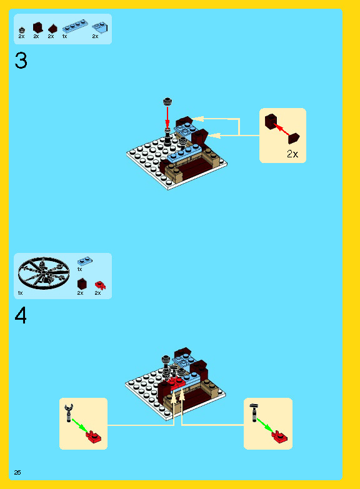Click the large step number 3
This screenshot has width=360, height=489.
[x=21, y=61]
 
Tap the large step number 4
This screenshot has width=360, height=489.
[x=21, y=315]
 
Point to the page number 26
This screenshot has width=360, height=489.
[x=17, y=473]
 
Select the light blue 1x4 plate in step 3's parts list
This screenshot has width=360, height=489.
[x=75, y=26]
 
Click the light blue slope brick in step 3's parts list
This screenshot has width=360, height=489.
[x=100, y=27]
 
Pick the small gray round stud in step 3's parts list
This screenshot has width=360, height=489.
[x=21, y=30]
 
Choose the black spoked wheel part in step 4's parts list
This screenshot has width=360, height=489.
[x=43, y=273]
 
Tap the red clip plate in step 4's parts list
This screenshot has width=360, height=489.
[x=100, y=285]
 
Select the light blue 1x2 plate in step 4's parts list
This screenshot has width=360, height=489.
[x=84, y=261]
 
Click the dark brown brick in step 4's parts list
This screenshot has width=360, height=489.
[x=82, y=284]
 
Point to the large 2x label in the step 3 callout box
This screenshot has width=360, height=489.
[x=292, y=154]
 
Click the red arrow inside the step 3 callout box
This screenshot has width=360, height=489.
[x=282, y=129]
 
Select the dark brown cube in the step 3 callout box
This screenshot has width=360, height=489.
[x=271, y=121]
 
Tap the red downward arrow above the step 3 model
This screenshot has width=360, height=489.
[x=167, y=117]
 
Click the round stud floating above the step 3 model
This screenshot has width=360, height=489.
[x=167, y=101]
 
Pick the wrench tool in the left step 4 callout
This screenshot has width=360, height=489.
[x=69, y=413]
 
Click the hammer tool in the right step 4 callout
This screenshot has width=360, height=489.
[x=254, y=412]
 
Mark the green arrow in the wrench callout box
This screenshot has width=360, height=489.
[x=80, y=425]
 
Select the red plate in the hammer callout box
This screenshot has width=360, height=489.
[x=279, y=437]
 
